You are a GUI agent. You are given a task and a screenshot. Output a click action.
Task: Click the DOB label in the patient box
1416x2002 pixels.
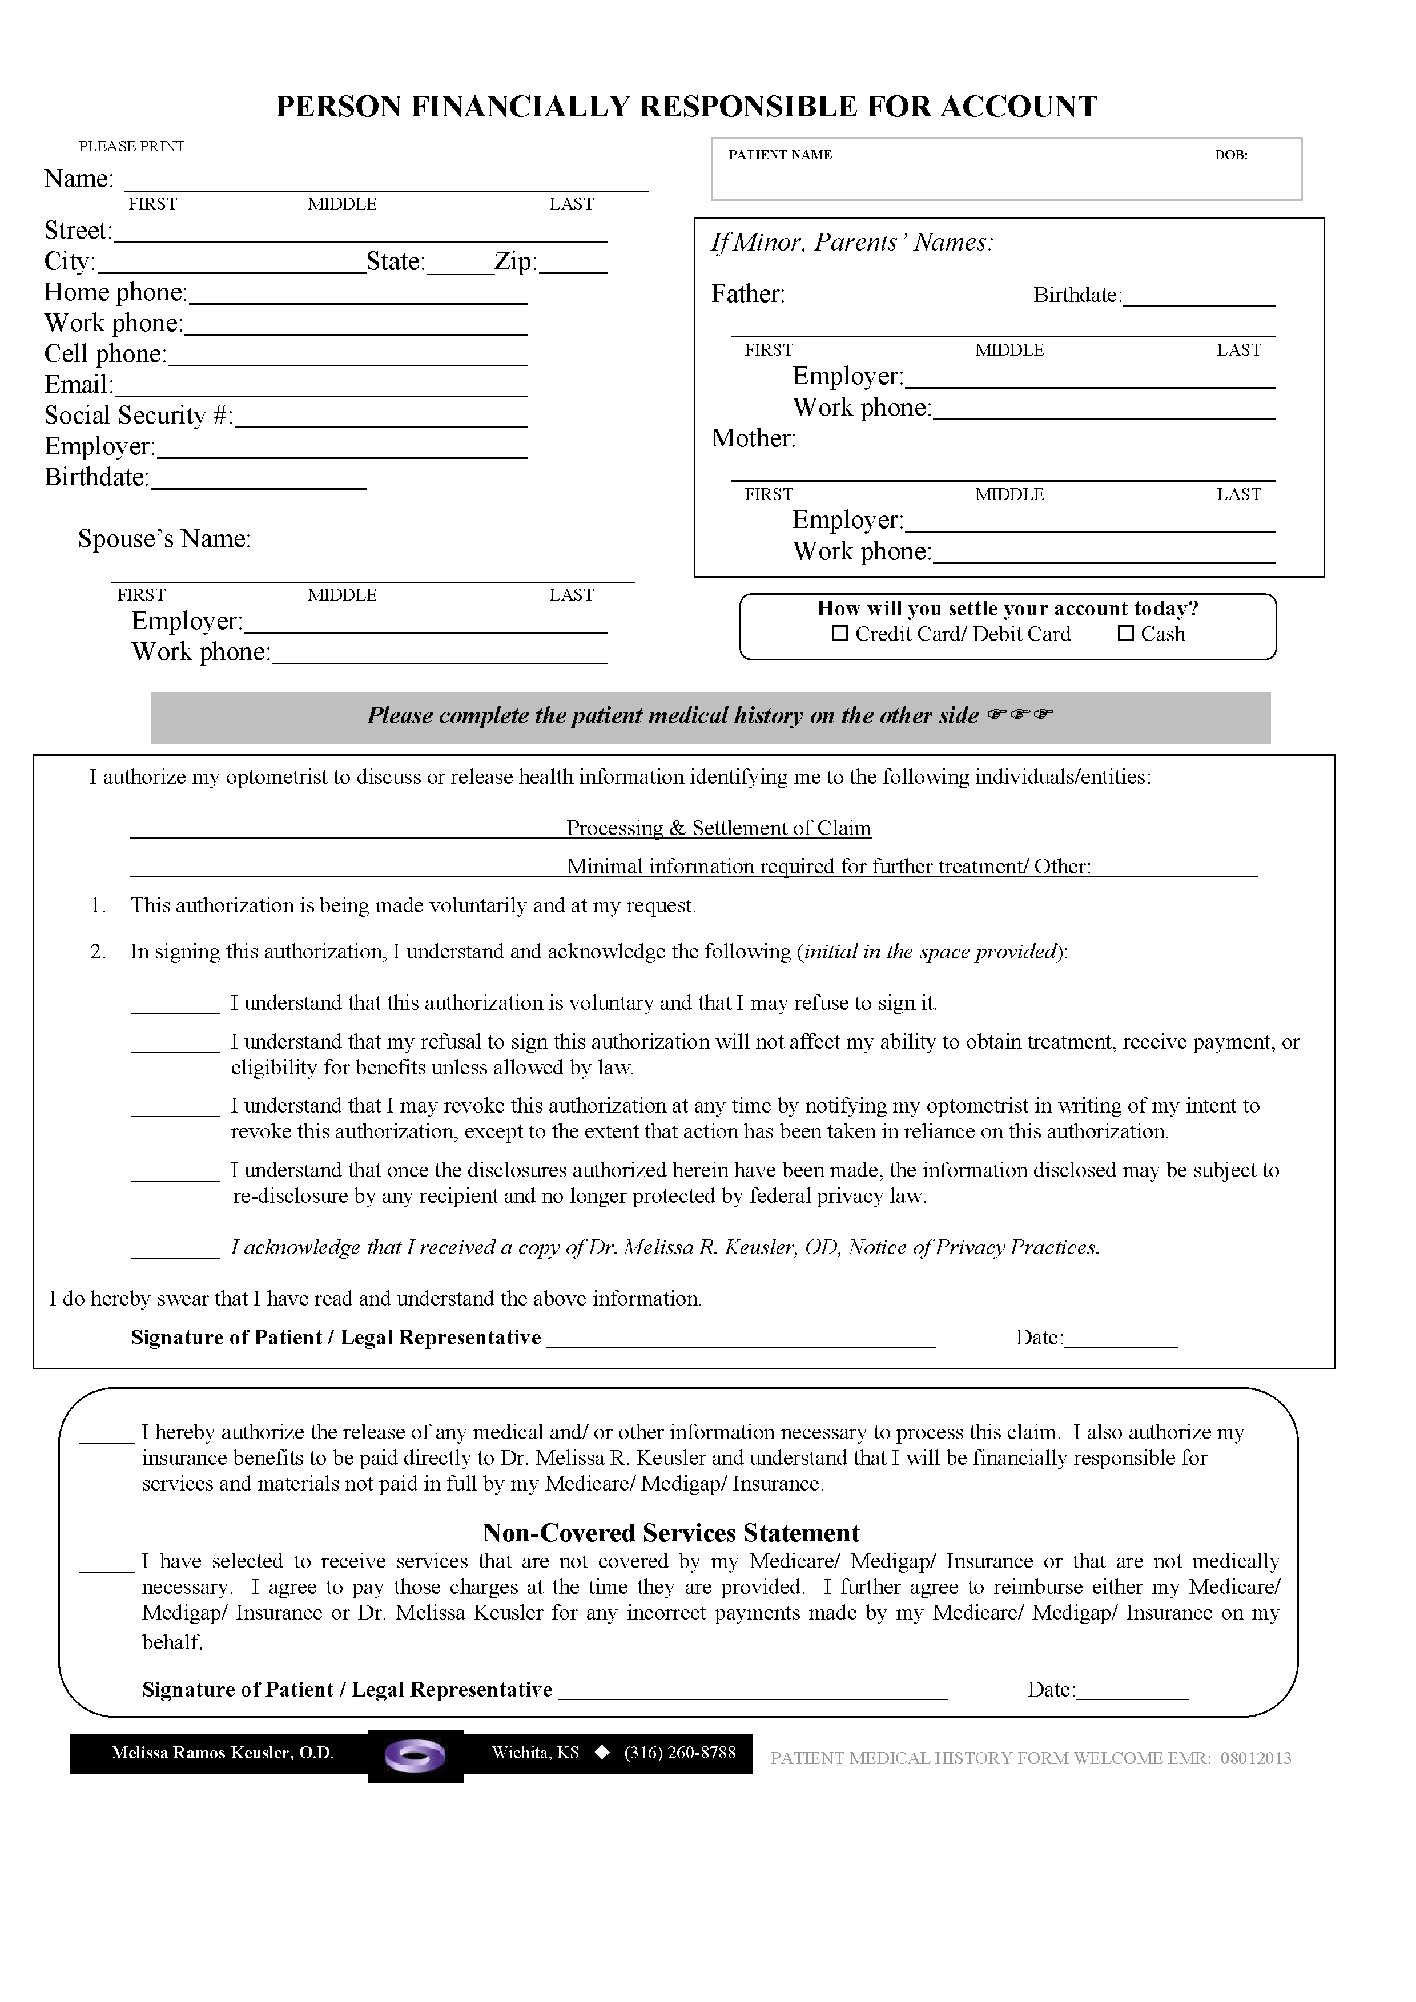click(x=1230, y=155)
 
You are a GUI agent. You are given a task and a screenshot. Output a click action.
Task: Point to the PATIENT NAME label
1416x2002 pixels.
click(x=781, y=155)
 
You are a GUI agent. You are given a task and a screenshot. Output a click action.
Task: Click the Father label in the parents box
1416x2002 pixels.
click(x=748, y=295)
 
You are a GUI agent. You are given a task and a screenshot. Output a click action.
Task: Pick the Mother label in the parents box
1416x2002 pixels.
click(x=753, y=438)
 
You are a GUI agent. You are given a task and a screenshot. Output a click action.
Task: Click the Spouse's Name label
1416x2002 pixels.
click(x=164, y=539)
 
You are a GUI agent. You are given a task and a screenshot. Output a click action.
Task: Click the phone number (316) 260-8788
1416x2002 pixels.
click(x=680, y=1753)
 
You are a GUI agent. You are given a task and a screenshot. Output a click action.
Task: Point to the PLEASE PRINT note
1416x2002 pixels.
click(x=132, y=147)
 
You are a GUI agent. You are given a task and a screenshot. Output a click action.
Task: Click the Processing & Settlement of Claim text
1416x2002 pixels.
click(x=718, y=828)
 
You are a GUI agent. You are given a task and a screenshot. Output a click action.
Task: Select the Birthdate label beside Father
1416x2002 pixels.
click(x=1077, y=296)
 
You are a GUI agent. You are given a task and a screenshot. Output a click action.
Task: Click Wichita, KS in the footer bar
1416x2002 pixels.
click(x=536, y=1753)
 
